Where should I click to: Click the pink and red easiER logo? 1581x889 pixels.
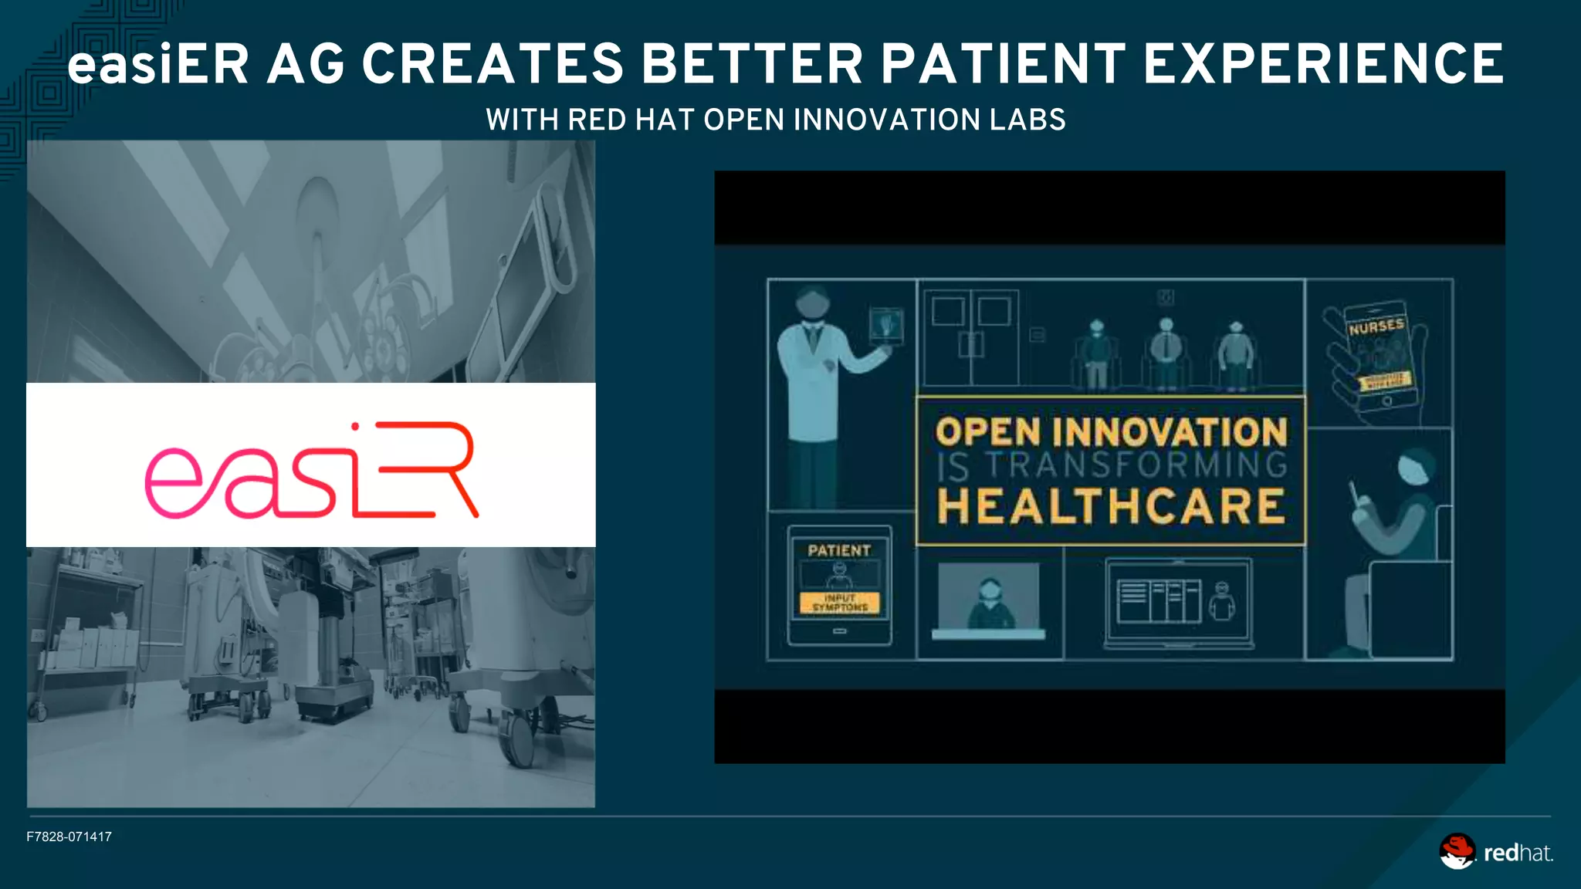[x=312, y=470]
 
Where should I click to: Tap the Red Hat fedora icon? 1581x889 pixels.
[x=1457, y=851]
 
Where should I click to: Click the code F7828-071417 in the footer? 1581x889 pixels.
[x=69, y=837]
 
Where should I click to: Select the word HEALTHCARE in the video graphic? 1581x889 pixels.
[x=1111, y=506]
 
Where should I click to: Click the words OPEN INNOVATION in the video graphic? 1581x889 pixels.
[x=1111, y=431]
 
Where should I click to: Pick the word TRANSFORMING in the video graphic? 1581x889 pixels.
[x=1137, y=466]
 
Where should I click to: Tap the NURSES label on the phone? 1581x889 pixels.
[x=1376, y=327]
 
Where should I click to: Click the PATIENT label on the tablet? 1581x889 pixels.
[x=839, y=550]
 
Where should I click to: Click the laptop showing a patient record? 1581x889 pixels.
[x=1178, y=602]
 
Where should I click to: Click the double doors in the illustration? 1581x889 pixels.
[x=971, y=337]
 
